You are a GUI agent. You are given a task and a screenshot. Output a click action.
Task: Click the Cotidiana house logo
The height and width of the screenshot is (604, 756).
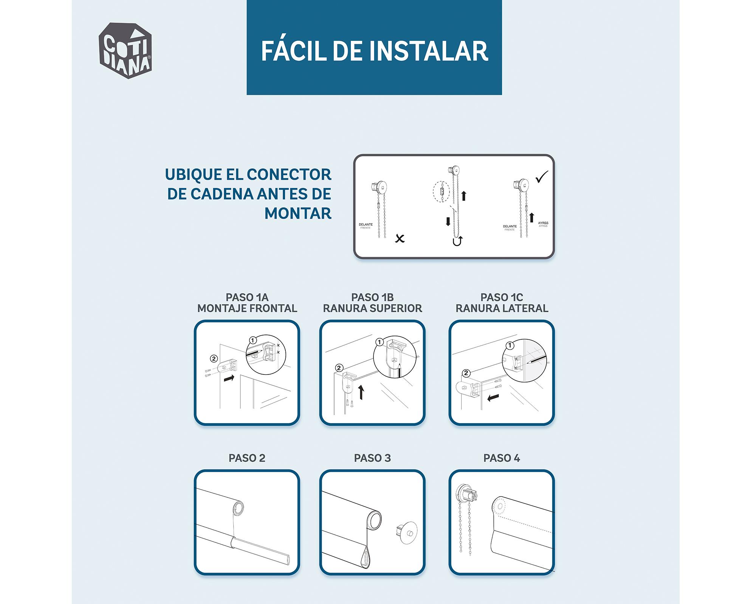pyautogui.click(x=125, y=51)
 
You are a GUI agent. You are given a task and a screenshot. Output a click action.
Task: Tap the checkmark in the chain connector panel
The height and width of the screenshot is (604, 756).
pyautogui.click(x=542, y=177)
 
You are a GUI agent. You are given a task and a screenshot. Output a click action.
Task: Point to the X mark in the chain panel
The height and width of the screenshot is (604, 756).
pyautogui.click(x=400, y=238)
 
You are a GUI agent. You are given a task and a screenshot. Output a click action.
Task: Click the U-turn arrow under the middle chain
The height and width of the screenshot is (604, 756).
pyautogui.click(x=457, y=241)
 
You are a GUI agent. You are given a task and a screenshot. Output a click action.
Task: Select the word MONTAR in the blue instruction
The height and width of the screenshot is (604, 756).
pyautogui.click(x=298, y=213)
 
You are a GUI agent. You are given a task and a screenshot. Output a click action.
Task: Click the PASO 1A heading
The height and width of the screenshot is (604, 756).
pyautogui.click(x=247, y=297)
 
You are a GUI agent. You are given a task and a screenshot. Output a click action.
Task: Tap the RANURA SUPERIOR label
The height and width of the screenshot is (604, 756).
pyautogui.click(x=372, y=308)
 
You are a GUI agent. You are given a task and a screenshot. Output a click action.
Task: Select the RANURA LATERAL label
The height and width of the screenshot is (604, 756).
pyautogui.click(x=502, y=308)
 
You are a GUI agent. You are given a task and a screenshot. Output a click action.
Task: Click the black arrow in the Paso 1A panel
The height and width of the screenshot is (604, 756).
pyautogui.click(x=229, y=378)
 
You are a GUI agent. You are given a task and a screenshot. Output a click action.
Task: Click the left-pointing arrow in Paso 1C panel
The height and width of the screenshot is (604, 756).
pyautogui.click(x=493, y=398)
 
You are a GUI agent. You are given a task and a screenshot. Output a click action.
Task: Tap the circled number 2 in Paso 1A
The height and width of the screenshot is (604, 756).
pyautogui.click(x=214, y=359)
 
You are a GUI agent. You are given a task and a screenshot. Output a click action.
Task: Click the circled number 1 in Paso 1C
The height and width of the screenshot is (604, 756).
pyautogui.click(x=510, y=345)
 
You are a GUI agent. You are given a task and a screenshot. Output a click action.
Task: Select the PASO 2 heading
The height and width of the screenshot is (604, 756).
pyautogui.click(x=247, y=458)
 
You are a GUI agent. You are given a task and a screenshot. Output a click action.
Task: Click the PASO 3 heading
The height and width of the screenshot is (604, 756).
pyautogui.click(x=372, y=458)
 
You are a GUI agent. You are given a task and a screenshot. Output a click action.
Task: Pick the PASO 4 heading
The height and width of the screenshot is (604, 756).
pyautogui.click(x=502, y=458)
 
